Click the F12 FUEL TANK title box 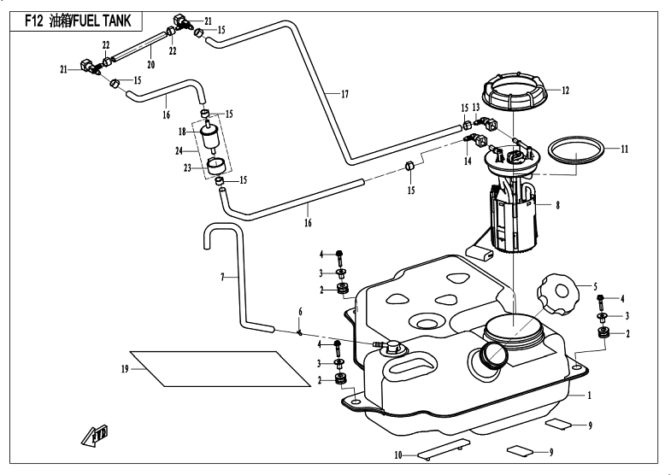tap(76, 21)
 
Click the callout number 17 tap(344, 94)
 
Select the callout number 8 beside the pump tap(557, 205)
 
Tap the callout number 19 tap(125, 369)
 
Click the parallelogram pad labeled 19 tap(220, 368)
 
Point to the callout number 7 tap(222, 278)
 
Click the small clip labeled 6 tap(300, 332)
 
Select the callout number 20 tap(150, 65)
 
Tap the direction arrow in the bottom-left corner tap(95, 436)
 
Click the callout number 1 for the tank tap(589, 396)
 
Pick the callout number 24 tap(179, 151)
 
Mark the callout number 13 tap(476, 108)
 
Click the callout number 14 tap(468, 161)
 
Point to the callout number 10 tap(398, 455)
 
